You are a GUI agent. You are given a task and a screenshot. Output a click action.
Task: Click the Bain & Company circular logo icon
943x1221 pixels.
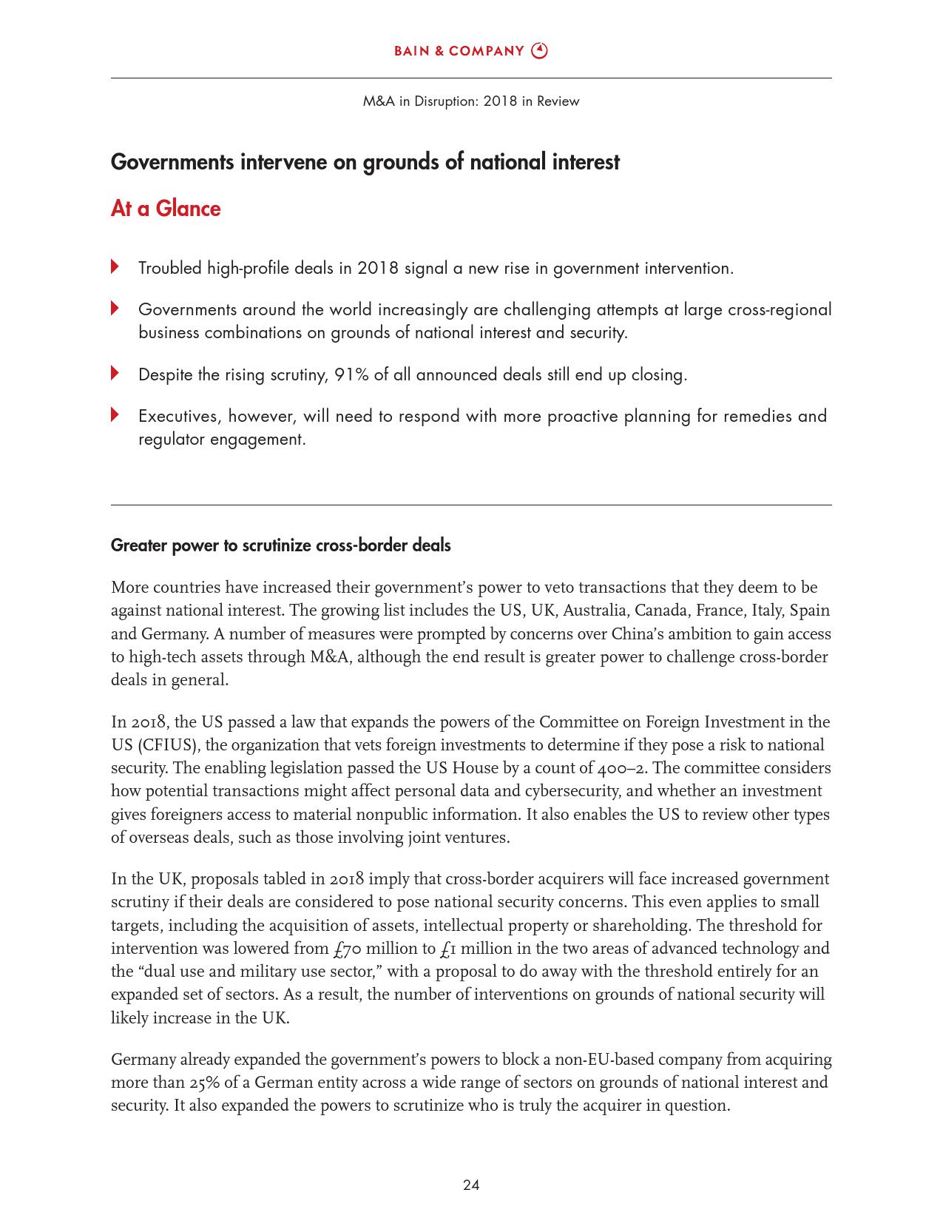tap(541, 51)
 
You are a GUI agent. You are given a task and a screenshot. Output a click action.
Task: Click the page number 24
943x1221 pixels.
tap(471, 1185)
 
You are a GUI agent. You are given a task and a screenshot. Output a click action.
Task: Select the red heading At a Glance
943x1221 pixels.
tap(166, 209)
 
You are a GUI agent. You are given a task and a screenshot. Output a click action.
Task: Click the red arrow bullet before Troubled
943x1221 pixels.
tap(115, 266)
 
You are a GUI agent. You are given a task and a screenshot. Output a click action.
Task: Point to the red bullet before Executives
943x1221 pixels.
tap(115, 414)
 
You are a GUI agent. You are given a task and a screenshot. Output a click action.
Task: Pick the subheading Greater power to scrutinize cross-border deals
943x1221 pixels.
tap(280, 545)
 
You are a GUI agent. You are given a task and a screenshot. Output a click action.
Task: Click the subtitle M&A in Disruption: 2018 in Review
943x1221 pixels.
tap(471, 101)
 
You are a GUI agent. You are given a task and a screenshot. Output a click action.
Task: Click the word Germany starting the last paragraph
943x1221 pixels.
tap(143, 1060)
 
